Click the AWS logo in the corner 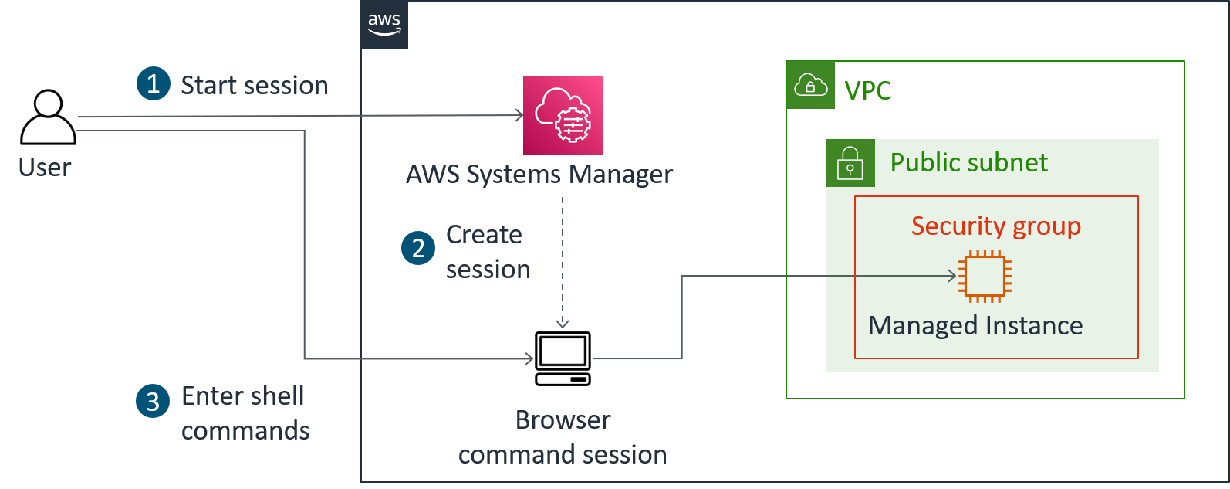[384, 25]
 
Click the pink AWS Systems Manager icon [563, 115]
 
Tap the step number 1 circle [153, 83]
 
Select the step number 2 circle [418, 248]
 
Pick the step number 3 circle [153, 401]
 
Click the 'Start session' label [254, 85]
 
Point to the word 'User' [45, 167]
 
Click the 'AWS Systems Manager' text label [539, 175]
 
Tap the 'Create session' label [487, 252]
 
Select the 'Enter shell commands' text [245, 413]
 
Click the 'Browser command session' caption [563, 437]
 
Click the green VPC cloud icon [810, 85]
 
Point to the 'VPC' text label [867, 91]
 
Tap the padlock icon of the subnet [850, 163]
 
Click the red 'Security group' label [995, 226]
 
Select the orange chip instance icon [985, 276]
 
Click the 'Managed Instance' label [975, 326]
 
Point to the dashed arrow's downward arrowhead [563, 324]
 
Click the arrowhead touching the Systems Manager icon [519, 116]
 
